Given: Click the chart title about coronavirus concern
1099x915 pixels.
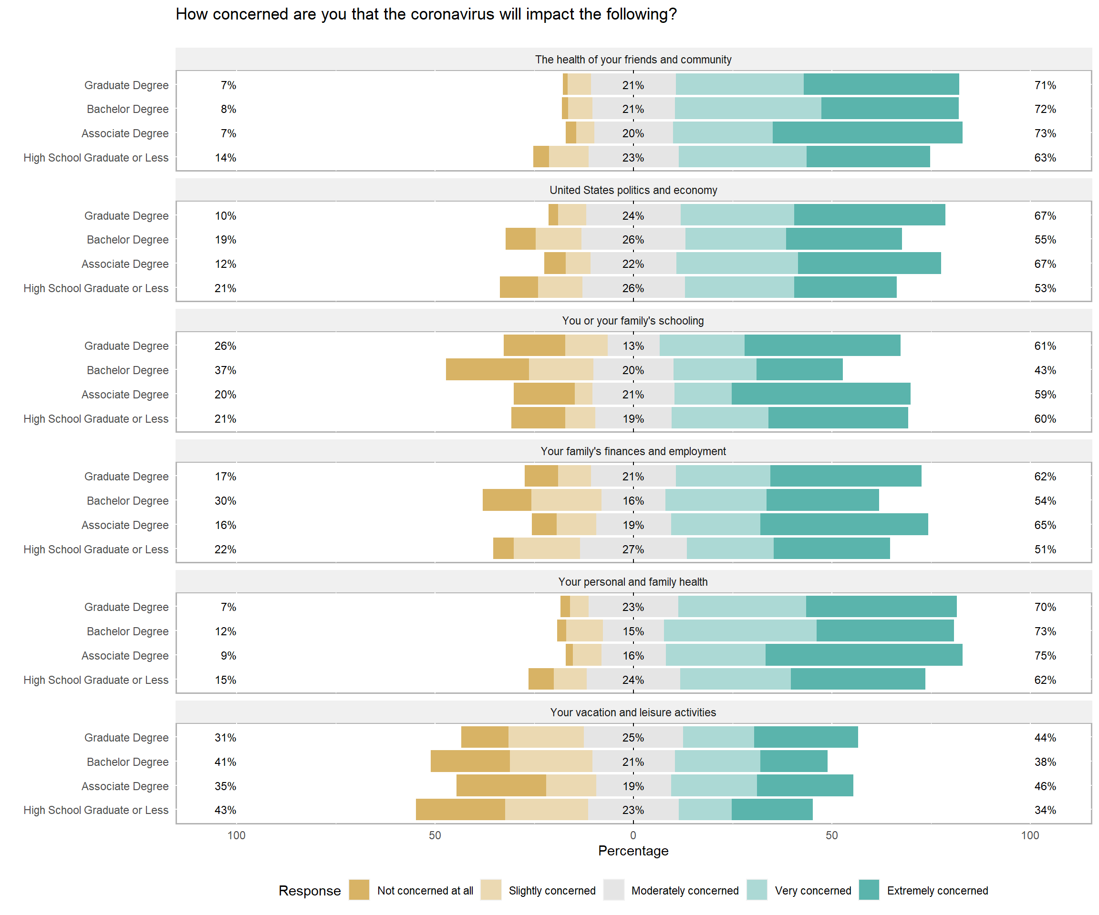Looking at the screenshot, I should point(426,14).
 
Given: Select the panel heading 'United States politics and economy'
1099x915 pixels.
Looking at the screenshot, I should point(633,190).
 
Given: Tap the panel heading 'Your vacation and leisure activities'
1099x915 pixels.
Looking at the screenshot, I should point(633,712).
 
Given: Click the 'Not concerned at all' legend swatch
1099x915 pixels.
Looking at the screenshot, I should point(359,890).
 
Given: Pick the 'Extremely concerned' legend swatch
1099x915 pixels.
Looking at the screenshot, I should point(869,890).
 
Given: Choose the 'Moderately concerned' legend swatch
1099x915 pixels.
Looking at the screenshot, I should point(614,890).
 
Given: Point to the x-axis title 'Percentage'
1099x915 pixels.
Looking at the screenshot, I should point(633,851).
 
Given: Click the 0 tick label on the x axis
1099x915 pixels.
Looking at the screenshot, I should point(633,835).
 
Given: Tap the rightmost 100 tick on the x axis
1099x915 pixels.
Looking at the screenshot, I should point(1030,835).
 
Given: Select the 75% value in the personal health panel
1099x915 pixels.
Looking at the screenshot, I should point(1045,656).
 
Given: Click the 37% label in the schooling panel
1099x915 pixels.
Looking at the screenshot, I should point(226,370).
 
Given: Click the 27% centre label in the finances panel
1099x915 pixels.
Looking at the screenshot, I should point(633,549).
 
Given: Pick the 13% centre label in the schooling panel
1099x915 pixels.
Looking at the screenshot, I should point(633,346).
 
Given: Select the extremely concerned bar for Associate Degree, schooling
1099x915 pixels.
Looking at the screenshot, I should point(820,394).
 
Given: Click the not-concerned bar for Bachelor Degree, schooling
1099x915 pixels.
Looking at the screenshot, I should point(487,370).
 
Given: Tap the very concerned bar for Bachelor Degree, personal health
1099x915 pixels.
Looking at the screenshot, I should point(740,631).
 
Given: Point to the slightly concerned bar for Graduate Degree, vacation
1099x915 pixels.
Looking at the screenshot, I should point(546,737).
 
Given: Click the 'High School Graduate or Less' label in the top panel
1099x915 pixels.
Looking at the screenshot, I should point(96,158).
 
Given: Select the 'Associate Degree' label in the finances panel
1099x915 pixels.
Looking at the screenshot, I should point(125,525).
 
